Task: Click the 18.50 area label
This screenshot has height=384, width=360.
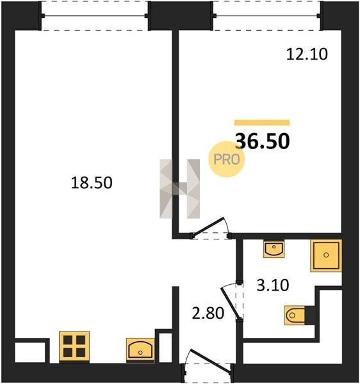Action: click(92, 182)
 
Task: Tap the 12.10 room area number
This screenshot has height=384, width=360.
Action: click(307, 54)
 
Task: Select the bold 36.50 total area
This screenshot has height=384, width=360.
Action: click(263, 141)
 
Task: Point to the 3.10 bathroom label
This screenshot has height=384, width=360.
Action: click(273, 285)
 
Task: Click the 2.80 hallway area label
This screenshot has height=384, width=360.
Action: click(208, 313)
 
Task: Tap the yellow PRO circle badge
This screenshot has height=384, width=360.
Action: click(227, 159)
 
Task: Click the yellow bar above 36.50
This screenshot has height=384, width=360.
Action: click(262, 122)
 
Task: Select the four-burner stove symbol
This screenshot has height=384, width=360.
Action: click(74, 346)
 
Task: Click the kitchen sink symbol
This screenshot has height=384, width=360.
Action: click(140, 349)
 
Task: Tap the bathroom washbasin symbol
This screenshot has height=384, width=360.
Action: click(274, 249)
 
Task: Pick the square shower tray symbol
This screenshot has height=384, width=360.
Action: click(326, 255)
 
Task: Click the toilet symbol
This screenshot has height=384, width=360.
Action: click(295, 315)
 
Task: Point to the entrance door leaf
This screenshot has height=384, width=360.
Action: click(211, 360)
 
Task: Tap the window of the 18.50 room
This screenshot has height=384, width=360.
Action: click(95, 16)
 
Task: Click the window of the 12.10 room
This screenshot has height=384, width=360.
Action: click(267, 16)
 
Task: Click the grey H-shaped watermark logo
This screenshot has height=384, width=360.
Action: click(179, 189)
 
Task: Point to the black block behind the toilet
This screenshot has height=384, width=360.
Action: click(310, 315)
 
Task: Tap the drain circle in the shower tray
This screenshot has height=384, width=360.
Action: click(326, 255)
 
